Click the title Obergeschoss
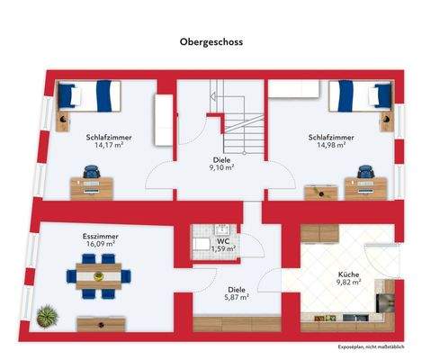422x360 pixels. tap(211, 41)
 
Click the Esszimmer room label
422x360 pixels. tap(100, 236)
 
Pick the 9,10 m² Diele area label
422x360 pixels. tap(221, 167)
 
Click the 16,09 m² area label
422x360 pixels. tap(100, 244)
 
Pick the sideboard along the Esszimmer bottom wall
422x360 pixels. tap(100, 322)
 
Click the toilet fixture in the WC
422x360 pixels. tap(200, 243)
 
